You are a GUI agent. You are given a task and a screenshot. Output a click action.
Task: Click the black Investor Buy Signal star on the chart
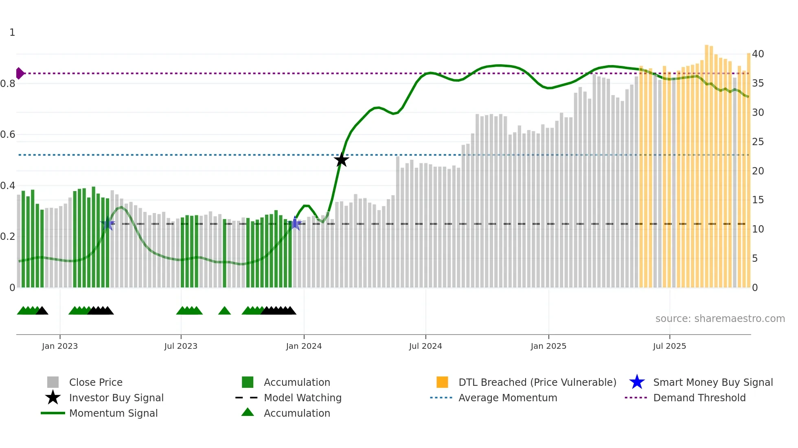(x=341, y=160)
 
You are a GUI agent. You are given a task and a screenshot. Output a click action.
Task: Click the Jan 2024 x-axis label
(x=304, y=346)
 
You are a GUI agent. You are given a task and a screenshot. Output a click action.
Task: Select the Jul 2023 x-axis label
(x=181, y=346)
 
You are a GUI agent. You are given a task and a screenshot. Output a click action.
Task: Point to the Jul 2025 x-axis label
(x=669, y=346)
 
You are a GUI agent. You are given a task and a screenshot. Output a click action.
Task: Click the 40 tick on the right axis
(x=758, y=54)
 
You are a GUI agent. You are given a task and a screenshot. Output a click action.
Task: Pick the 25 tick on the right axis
(x=758, y=142)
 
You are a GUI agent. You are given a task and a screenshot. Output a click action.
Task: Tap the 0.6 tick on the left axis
(x=8, y=135)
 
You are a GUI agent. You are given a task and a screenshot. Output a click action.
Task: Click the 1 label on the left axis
(x=12, y=33)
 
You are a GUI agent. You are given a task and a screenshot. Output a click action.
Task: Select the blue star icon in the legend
(x=637, y=382)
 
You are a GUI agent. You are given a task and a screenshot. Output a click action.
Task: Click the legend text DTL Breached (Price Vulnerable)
(x=537, y=382)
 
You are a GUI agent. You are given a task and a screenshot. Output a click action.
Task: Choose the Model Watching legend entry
(x=303, y=398)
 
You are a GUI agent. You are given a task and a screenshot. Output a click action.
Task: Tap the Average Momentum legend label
(x=508, y=398)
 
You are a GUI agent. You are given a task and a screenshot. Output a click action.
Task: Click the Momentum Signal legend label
(x=113, y=413)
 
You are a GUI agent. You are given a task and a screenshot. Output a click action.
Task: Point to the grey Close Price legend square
(x=53, y=382)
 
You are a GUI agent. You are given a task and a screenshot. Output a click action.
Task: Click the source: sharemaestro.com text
(x=720, y=319)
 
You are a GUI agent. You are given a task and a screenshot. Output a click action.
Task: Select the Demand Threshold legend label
(x=699, y=398)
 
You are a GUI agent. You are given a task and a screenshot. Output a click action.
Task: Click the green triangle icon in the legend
(x=248, y=413)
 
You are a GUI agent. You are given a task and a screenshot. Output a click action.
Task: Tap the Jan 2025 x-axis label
(x=548, y=346)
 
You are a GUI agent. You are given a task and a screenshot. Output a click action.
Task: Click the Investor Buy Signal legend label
(x=116, y=398)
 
